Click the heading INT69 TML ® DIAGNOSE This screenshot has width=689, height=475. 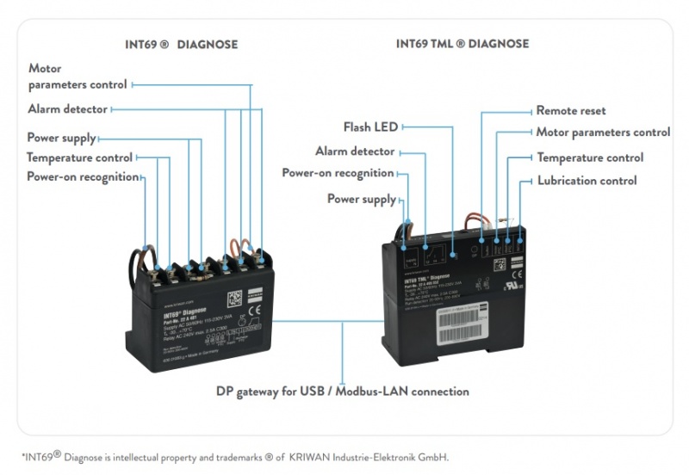coord(462,44)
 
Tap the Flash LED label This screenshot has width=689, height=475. coord(370,127)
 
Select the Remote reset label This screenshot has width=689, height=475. coord(571,111)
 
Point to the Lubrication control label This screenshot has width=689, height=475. coord(587,181)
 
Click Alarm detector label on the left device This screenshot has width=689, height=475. coord(68,109)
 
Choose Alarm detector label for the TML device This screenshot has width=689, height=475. coord(355,151)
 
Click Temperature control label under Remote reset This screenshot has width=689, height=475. coord(590,157)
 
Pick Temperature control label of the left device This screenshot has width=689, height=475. coord(79,157)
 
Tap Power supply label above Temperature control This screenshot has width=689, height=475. coord(61,138)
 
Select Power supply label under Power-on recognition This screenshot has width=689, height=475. coord(361,200)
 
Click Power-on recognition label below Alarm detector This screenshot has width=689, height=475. coord(338,173)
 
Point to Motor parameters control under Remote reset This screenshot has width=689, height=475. coord(603,133)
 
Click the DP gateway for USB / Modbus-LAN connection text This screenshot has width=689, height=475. coord(342,392)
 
